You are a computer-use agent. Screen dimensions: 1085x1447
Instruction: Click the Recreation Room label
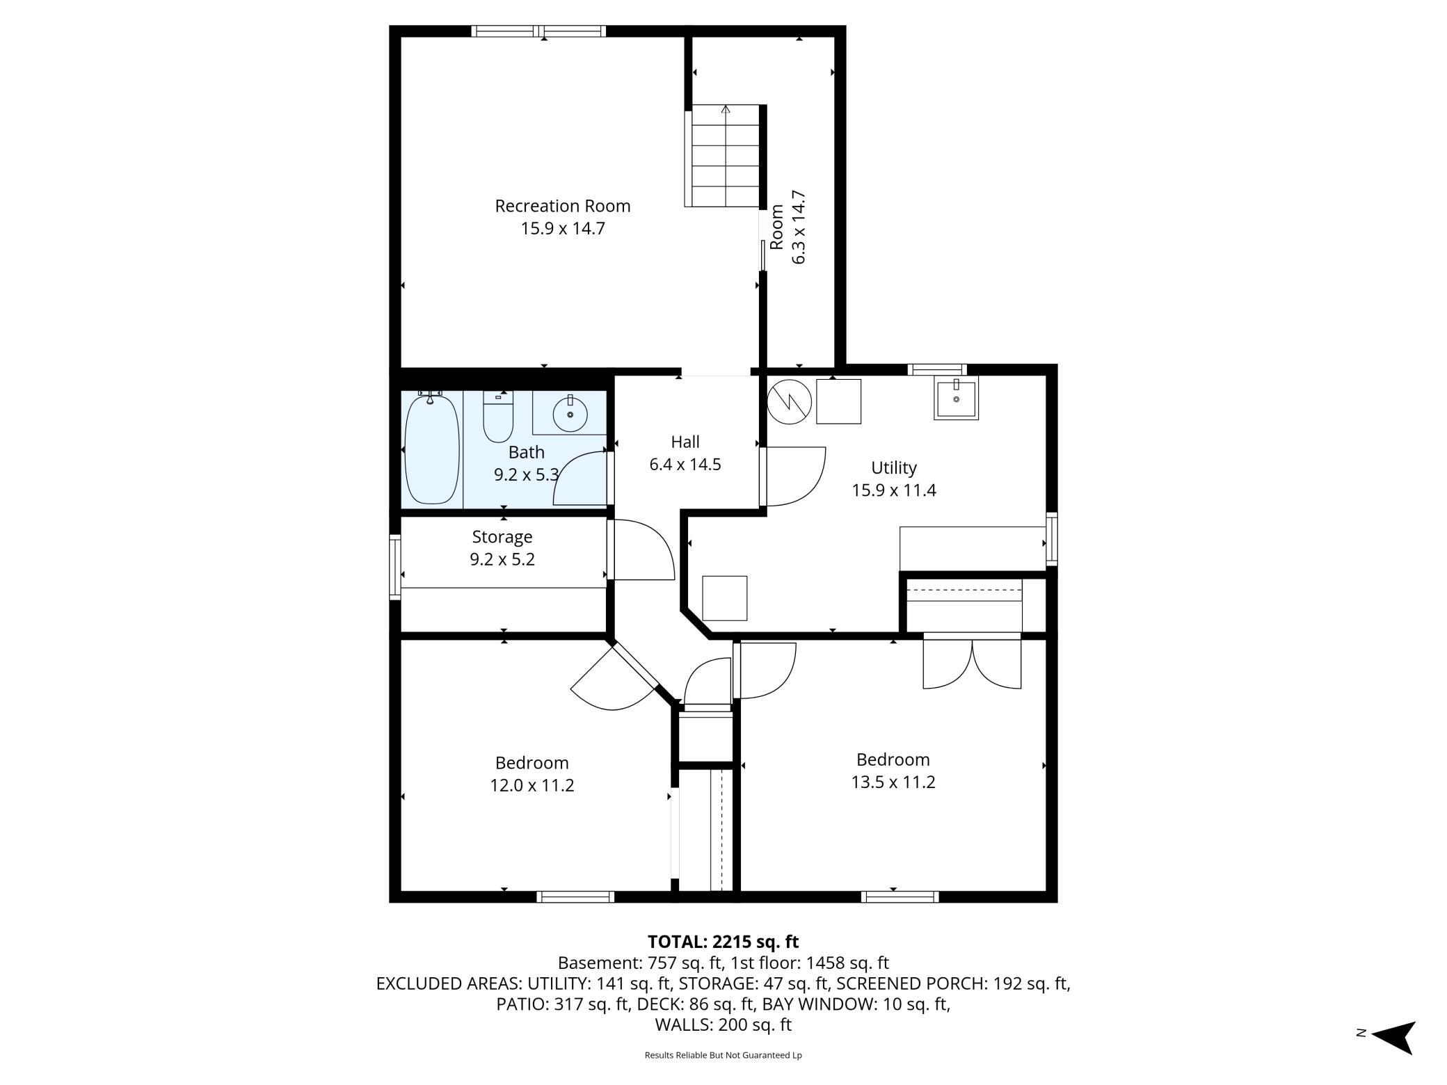562,206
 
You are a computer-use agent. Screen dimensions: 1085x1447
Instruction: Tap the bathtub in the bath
432,449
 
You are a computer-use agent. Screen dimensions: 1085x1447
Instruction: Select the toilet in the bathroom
497,417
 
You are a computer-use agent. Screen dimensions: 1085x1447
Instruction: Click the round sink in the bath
570,415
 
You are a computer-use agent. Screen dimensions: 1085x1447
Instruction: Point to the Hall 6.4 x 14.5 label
685,453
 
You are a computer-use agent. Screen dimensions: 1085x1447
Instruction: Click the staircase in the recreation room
725,156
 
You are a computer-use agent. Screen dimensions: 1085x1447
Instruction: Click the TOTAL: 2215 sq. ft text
723,942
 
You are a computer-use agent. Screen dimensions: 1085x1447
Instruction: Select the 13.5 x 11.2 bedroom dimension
893,782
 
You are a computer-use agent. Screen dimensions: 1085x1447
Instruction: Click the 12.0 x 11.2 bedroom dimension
531,785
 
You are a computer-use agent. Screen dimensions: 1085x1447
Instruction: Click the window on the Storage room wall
394,566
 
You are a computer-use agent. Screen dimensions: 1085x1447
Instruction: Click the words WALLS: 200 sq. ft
723,1024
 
